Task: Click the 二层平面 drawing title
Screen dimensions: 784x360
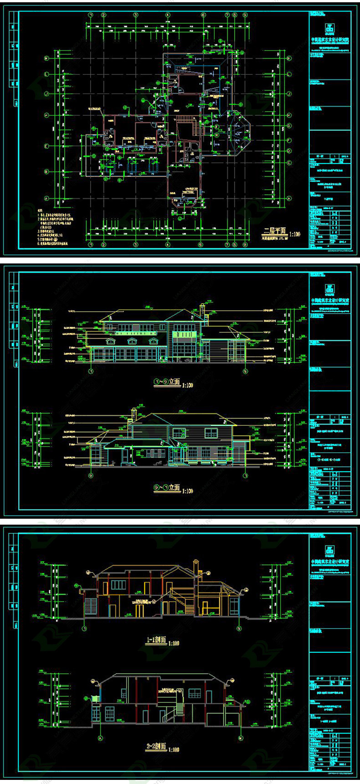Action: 275,231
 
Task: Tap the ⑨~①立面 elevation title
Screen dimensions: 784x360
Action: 167,488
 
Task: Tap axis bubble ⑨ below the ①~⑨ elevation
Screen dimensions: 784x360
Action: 246,371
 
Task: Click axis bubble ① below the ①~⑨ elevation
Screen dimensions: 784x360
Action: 91,371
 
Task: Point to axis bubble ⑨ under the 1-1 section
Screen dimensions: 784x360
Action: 239,629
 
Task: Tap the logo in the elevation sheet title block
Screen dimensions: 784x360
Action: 329,288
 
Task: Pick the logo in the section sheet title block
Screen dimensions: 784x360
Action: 329,549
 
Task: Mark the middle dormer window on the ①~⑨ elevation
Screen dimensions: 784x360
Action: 132,341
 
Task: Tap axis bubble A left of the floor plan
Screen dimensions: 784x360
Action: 46,198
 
